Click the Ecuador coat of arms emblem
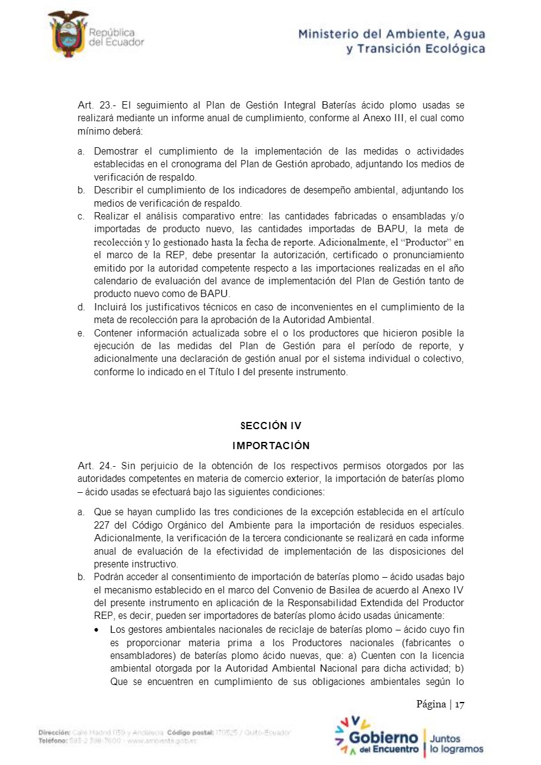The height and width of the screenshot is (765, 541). pos(68,33)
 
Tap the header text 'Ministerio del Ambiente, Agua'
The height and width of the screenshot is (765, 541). pos(391,34)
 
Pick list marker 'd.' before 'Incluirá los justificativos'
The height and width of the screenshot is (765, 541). pos(81,307)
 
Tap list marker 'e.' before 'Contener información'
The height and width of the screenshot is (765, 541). pos(81,333)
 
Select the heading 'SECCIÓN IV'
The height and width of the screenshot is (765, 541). pos(270,426)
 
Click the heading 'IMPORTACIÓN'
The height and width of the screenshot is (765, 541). pos(270,446)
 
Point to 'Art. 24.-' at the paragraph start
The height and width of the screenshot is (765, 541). pos(96,466)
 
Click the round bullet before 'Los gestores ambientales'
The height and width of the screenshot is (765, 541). pos(97,630)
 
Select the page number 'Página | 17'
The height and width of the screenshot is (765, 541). pos(440,704)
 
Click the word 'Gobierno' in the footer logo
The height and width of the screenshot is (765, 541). pos(383,738)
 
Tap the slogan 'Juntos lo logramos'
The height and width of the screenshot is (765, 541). pos(456,744)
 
